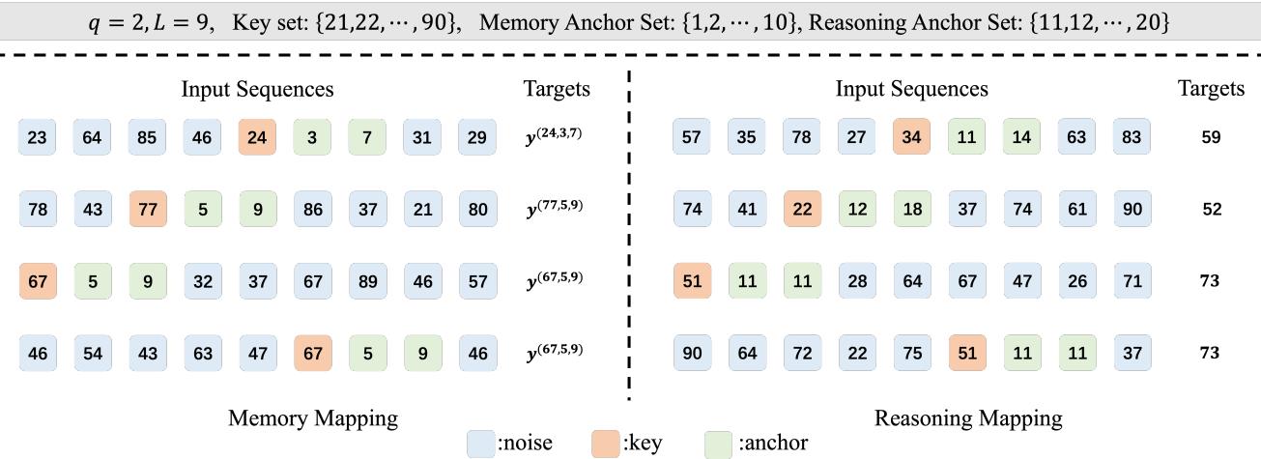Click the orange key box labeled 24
[x=256, y=137]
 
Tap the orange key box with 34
[x=910, y=137]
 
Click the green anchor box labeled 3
[x=311, y=137]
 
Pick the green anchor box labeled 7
[x=366, y=137]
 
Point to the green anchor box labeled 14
[x=1020, y=137]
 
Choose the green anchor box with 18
[x=910, y=209]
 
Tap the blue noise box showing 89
[x=366, y=281]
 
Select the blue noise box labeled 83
[x=1131, y=137]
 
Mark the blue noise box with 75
[x=910, y=353]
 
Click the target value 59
[x=1211, y=137]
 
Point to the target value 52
[x=1211, y=209]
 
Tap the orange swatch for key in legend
[x=605, y=444]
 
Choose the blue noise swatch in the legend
[x=480, y=444]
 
